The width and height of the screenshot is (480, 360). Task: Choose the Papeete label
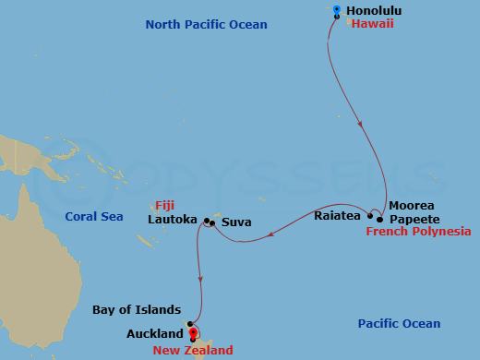point(412,219)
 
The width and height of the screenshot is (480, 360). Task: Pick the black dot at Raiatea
point(371,217)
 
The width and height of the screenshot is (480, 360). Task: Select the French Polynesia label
point(418,232)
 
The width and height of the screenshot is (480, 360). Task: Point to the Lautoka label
point(173,221)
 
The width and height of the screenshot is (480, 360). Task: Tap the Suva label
point(235,222)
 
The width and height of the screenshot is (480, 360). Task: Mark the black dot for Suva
point(211,222)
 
